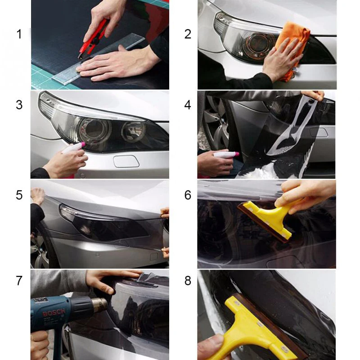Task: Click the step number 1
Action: pos(19,34)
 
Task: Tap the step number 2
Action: pos(188,34)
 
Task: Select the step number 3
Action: pos(19,105)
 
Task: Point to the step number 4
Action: pos(188,105)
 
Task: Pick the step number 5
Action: pos(19,195)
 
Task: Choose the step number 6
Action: pos(188,195)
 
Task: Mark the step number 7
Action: pos(19,280)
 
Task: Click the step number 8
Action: pos(188,280)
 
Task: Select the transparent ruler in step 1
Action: pos(99,58)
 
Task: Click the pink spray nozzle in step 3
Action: pos(82,144)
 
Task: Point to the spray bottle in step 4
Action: pos(226,154)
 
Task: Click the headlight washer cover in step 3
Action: pos(126,162)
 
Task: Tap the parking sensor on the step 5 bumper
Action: pos(97,255)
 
